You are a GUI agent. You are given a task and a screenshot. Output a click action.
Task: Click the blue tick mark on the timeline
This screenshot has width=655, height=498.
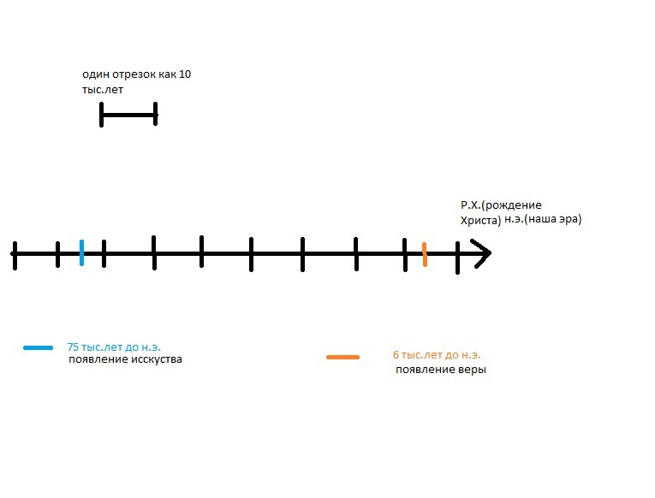81,252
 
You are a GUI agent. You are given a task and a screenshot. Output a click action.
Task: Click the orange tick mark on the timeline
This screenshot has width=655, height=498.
424,254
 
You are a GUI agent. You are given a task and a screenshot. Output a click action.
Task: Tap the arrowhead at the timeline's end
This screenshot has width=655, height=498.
482,253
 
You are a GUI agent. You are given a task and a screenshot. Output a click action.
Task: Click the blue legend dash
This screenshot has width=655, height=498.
39,347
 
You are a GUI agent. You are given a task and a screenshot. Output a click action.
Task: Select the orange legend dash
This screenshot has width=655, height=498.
342,357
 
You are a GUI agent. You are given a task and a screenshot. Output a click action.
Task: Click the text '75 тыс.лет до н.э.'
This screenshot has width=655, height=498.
114,347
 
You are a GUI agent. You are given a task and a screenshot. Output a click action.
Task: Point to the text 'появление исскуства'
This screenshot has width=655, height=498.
125,359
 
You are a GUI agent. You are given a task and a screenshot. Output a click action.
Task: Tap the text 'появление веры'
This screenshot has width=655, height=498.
441,370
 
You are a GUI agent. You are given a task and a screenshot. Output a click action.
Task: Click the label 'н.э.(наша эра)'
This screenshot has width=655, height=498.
543,220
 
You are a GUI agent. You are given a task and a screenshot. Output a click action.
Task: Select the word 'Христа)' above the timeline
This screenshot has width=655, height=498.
480,220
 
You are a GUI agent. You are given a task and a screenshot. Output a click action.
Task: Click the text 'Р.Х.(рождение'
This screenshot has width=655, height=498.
501,205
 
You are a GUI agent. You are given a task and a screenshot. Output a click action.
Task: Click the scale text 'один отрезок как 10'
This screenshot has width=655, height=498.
136,74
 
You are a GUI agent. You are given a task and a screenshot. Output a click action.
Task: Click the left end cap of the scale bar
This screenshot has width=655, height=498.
102,114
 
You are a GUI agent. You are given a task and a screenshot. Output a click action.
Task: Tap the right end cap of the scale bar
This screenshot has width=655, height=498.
156,114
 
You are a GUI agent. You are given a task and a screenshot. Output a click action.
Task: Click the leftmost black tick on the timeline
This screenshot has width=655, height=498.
15,254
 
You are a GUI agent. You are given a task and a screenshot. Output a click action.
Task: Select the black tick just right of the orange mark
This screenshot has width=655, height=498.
457,256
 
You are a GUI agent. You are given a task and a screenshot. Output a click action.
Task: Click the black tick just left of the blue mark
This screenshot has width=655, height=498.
57,253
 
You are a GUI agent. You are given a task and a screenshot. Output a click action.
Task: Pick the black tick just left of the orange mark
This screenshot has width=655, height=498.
406,254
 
